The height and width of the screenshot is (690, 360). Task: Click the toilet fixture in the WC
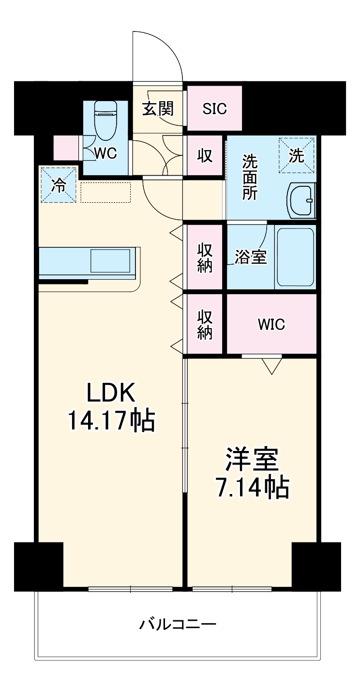click(105, 121)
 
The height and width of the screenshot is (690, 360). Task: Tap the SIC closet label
click(214, 109)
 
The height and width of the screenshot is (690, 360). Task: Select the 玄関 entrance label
click(157, 109)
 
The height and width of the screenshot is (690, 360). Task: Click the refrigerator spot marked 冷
click(59, 185)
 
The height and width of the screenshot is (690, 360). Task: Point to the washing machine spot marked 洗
click(297, 156)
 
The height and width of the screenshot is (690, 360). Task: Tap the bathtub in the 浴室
click(295, 256)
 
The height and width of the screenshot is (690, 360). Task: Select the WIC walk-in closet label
click(271, 324)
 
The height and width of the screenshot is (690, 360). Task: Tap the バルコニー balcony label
click(178, 624)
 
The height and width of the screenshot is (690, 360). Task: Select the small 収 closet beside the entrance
click(205, 156)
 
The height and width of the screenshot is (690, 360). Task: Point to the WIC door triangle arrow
click(271, 366)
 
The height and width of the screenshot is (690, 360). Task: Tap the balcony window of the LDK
click(130, 589)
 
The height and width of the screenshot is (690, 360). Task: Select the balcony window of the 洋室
click(232, 589)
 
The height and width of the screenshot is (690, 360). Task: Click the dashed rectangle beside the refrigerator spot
click(106, 193)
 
